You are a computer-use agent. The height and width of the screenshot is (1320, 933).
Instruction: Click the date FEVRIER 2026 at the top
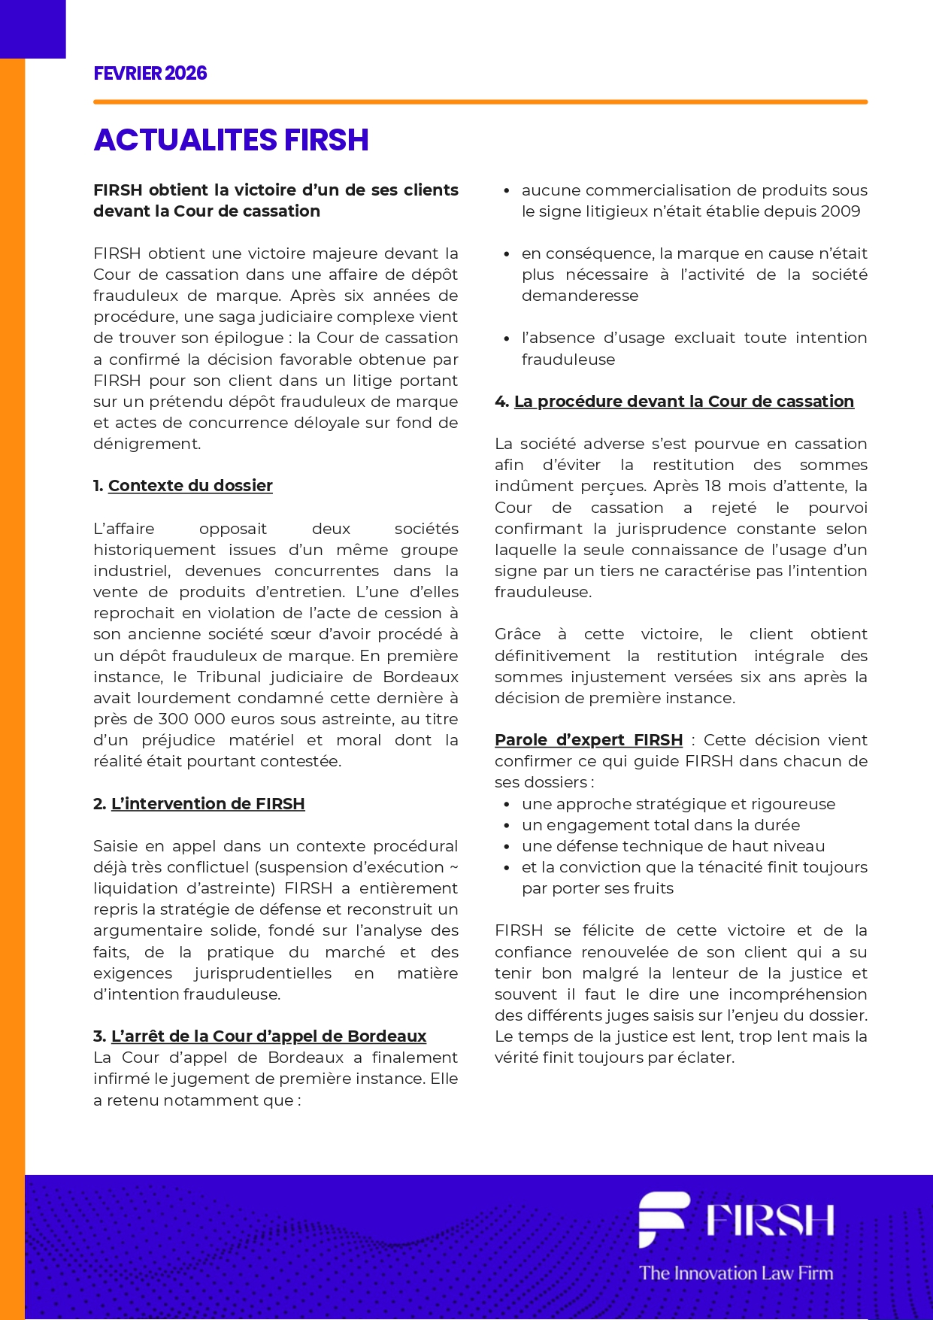coord(150,73)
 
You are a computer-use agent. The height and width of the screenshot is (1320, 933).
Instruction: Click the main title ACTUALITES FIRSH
coord(231,140)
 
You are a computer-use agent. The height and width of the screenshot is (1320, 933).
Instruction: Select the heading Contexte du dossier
coord(190,486)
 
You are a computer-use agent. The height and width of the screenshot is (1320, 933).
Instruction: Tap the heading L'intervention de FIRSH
coord(208,804)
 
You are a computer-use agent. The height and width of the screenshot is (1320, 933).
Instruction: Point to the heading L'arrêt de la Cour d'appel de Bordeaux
coord(268,1036)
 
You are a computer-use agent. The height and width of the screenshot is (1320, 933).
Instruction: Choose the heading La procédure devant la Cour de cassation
coord(683,402)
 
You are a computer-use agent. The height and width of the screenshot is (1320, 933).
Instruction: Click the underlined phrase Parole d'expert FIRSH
coord(589,740)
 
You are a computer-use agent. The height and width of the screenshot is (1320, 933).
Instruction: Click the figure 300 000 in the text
coord(195,719)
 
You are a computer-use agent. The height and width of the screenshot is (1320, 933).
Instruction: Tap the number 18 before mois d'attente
coord(713,486)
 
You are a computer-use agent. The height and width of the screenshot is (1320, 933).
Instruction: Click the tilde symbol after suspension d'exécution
coord(453,867)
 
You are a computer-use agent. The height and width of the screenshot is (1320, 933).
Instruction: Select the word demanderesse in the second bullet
coord(580,296)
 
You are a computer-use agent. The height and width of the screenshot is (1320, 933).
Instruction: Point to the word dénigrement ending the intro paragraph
coord(146,444)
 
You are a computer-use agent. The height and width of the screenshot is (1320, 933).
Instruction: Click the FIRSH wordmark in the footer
coord(770,1220)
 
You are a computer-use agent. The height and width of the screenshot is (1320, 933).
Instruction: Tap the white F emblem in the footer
coord(662,1218)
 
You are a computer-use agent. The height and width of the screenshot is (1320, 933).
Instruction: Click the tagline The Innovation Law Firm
coord(736,1273)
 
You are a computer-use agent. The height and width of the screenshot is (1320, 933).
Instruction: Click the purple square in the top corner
coord(32,29)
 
